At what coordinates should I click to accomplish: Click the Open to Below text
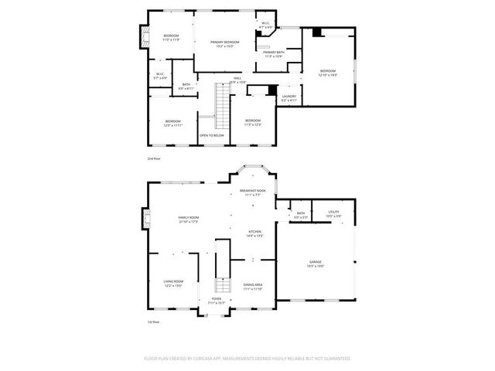pyautogui.click(x=212, y=135)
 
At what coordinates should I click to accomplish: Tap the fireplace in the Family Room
pyautogui.click(x=145, y=220)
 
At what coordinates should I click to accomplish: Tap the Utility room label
pyautogui.click(x=333, y=214)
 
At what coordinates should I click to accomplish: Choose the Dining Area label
pyautogui.click(x=253, y=287)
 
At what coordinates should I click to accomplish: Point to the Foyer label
pyautogui.click(x=217, y=300)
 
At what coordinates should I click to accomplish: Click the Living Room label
pyautogui.click(x=172, y=283)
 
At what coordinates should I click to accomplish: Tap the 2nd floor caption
pyautogui.click(x=154, y=158)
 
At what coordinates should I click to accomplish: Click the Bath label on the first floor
pyautogui.click(x=300, y=215)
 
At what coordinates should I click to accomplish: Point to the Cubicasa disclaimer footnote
pyautogui.click(x=247, y=359)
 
